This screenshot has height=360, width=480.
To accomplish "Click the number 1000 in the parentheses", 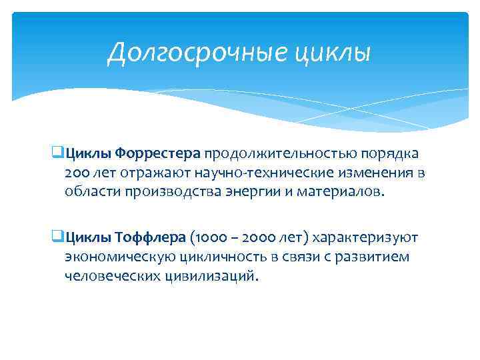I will coord(208,237).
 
